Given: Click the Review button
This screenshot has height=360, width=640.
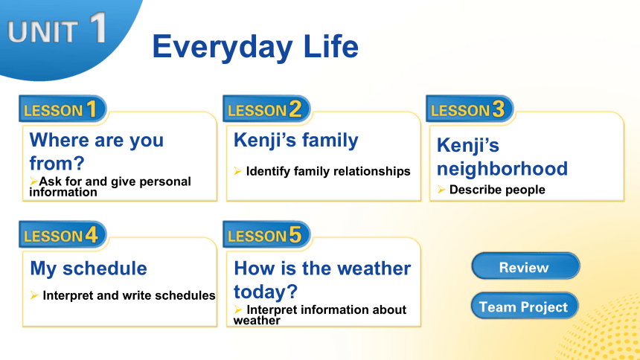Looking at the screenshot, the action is (x=525, y=266).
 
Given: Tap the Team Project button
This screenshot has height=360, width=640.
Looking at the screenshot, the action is (x=525, y=305).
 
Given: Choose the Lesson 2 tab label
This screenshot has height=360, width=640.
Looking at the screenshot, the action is (x=266, y=109).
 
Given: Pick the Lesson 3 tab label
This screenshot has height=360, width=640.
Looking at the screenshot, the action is (x=470, y=109).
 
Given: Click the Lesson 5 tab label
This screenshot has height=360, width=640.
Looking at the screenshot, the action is (x=266, y=235).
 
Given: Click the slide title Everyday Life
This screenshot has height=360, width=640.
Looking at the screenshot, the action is (x=255, y=47).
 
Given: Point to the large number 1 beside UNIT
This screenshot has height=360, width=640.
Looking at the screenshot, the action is (x=98, y=28).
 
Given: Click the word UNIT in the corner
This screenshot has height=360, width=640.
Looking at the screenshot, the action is (x=42, y=32).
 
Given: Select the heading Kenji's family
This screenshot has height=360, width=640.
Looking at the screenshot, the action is (x=296, y=141).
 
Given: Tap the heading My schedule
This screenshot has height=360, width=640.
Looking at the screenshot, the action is (x=89, y=269).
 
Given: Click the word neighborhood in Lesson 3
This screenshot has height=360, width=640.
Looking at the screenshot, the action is (x=502, y=169).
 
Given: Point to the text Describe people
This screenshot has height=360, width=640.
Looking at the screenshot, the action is (x=497, y=190).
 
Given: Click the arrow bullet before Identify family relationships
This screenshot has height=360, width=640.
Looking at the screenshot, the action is (x=238, y=171).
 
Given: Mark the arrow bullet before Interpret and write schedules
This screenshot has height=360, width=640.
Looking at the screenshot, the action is (x=34, y=295).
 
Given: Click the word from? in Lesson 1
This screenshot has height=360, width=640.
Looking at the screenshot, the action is (x=57, y=164).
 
